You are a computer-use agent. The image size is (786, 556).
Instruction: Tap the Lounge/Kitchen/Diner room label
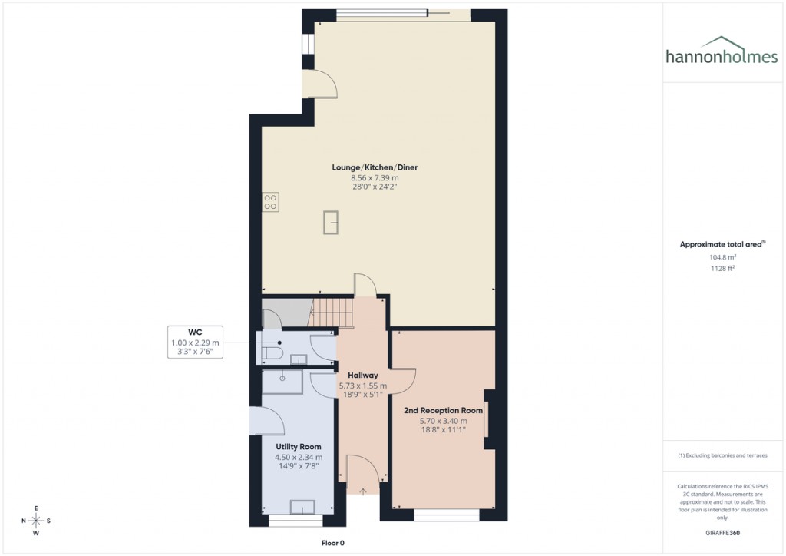click(x=375, y=167)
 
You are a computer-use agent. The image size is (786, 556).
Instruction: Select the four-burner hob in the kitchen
click(x=270, y=201)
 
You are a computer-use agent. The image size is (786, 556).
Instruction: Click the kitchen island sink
click(x=332, y=222)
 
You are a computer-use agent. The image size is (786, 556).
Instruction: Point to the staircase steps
click(x=332, y=312)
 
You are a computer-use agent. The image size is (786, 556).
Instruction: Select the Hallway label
click(x=363, y=375)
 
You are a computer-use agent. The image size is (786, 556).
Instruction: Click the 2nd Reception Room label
click(x=444, y=410)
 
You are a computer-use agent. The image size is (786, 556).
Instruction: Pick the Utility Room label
click(x=299, y=446)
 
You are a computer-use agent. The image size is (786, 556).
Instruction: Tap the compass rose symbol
click(x=35, y=520)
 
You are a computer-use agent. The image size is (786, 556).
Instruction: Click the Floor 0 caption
click(x=333, y=543)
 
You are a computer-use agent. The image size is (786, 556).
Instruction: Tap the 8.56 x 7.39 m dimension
click(x=375, y=177)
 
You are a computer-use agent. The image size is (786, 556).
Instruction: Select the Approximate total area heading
click(x=722, y=244)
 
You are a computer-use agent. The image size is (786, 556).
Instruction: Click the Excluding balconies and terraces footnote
click(x=722, y=455)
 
